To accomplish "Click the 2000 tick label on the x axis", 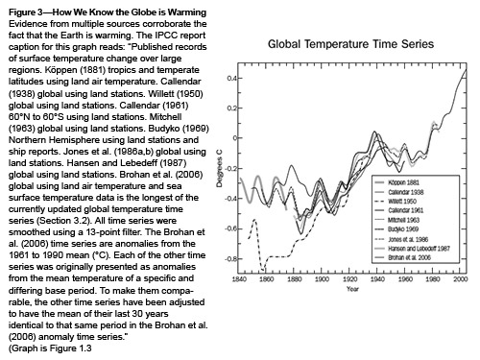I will [x=463, y=278].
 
